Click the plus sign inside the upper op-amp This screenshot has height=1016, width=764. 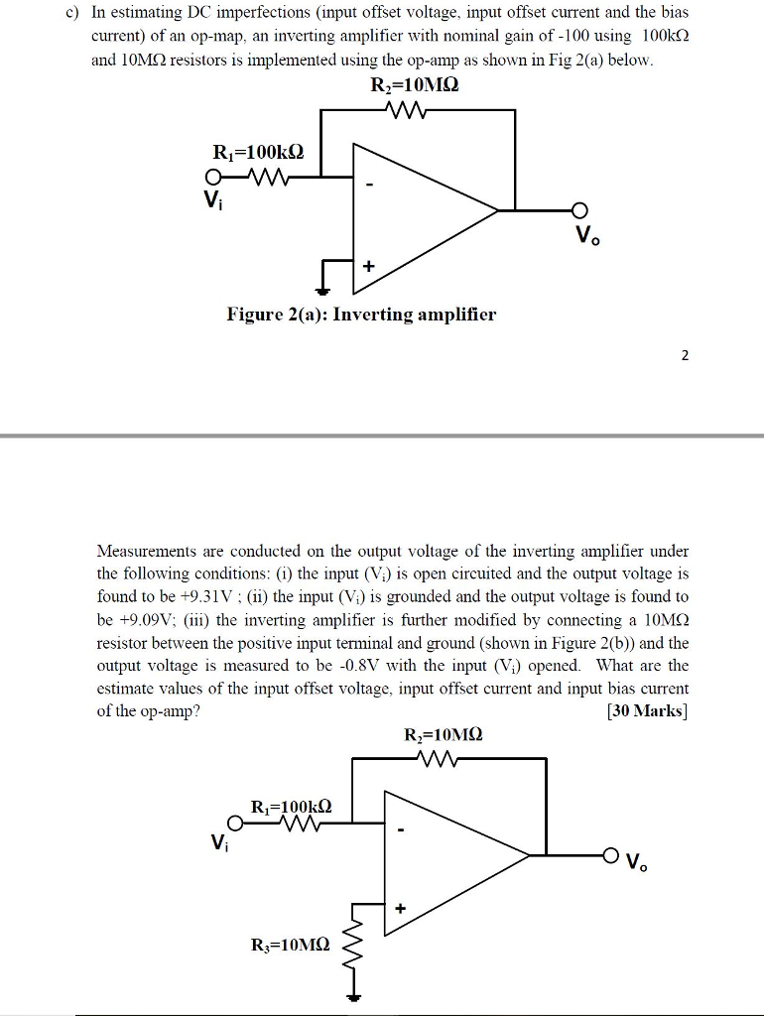point(369,267)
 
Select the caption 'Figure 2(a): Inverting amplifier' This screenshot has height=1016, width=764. point(361,316)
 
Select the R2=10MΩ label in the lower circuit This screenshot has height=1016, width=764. point(444,736)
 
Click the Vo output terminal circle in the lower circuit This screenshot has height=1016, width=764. point(612,854)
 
